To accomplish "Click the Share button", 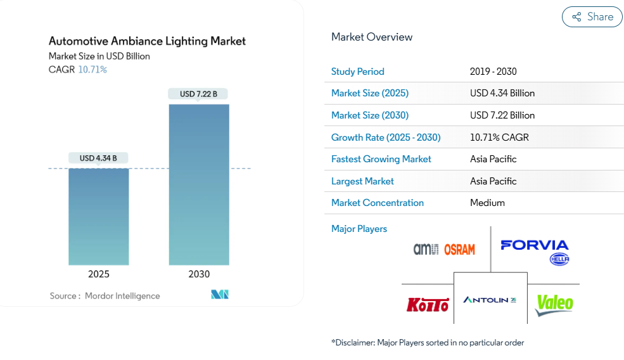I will (x=592, y=17).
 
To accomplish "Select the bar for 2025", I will (x=99, y=216).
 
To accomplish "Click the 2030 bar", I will (x=199, y=184).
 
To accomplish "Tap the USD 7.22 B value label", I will (x=198, y=94).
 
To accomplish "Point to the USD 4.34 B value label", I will (x=98, y=158).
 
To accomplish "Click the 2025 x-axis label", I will (x=99, y=274).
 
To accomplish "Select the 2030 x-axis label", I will (x=199, y=274).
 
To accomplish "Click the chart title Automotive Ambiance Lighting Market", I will (x=147, y=41).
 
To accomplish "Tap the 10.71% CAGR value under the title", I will (x=92, y=70).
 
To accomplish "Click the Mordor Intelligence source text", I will (x=122, y=296).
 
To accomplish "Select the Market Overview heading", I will (x=372, y=37).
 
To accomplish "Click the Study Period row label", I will (x=358, y=72).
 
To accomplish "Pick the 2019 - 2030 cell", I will (x=493, y=72).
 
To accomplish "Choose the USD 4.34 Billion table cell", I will (x=502, y=93).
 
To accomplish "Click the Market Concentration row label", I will (x=378, y=203).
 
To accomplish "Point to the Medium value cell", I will (x=487, y=203).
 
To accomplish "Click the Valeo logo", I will (x=554, y=304).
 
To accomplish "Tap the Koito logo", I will (x=428, y=305).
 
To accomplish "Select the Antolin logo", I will (x=490, y=300).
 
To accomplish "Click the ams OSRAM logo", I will (x=443, y=249).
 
